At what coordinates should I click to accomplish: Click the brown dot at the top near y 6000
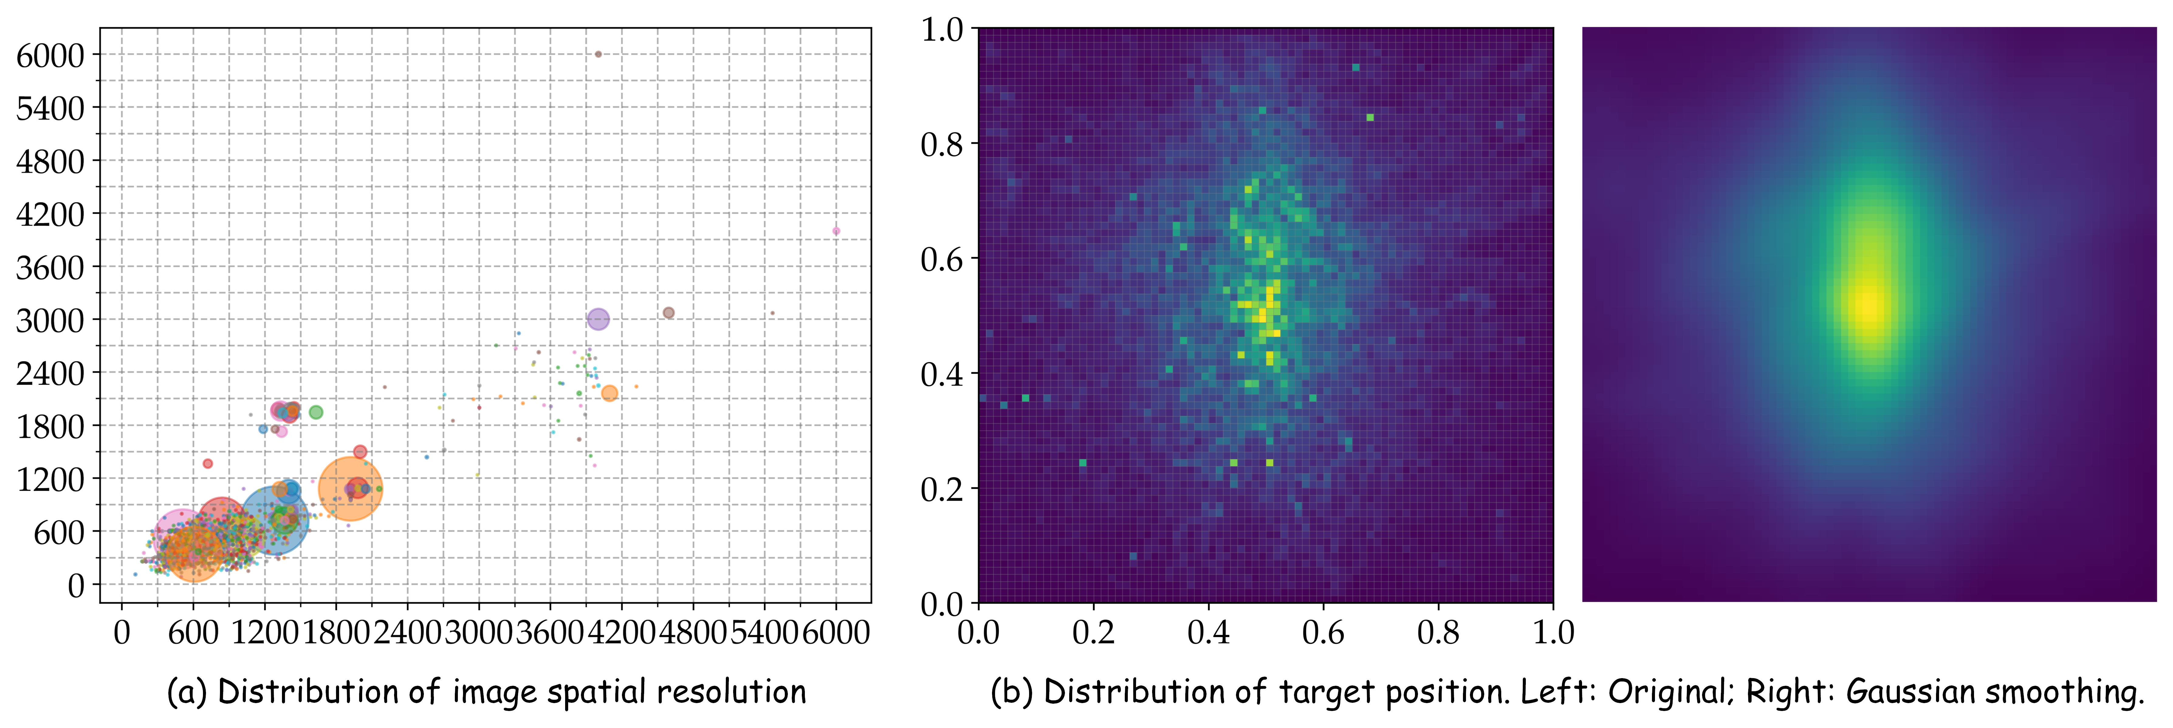click(598, 54)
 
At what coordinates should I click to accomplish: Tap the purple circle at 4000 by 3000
click(598, 319)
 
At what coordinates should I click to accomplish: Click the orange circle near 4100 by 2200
click(609, 393)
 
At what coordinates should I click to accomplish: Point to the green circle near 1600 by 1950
click(316, 412)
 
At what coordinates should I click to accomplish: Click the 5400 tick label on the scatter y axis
click(51, 108)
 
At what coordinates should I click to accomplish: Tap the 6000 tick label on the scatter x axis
click(836, 632)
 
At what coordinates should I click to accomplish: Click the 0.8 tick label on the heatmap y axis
click(941, 144)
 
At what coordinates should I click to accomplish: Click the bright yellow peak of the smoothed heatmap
click(1870, 305)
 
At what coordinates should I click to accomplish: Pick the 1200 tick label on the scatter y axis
click(51, 479)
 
